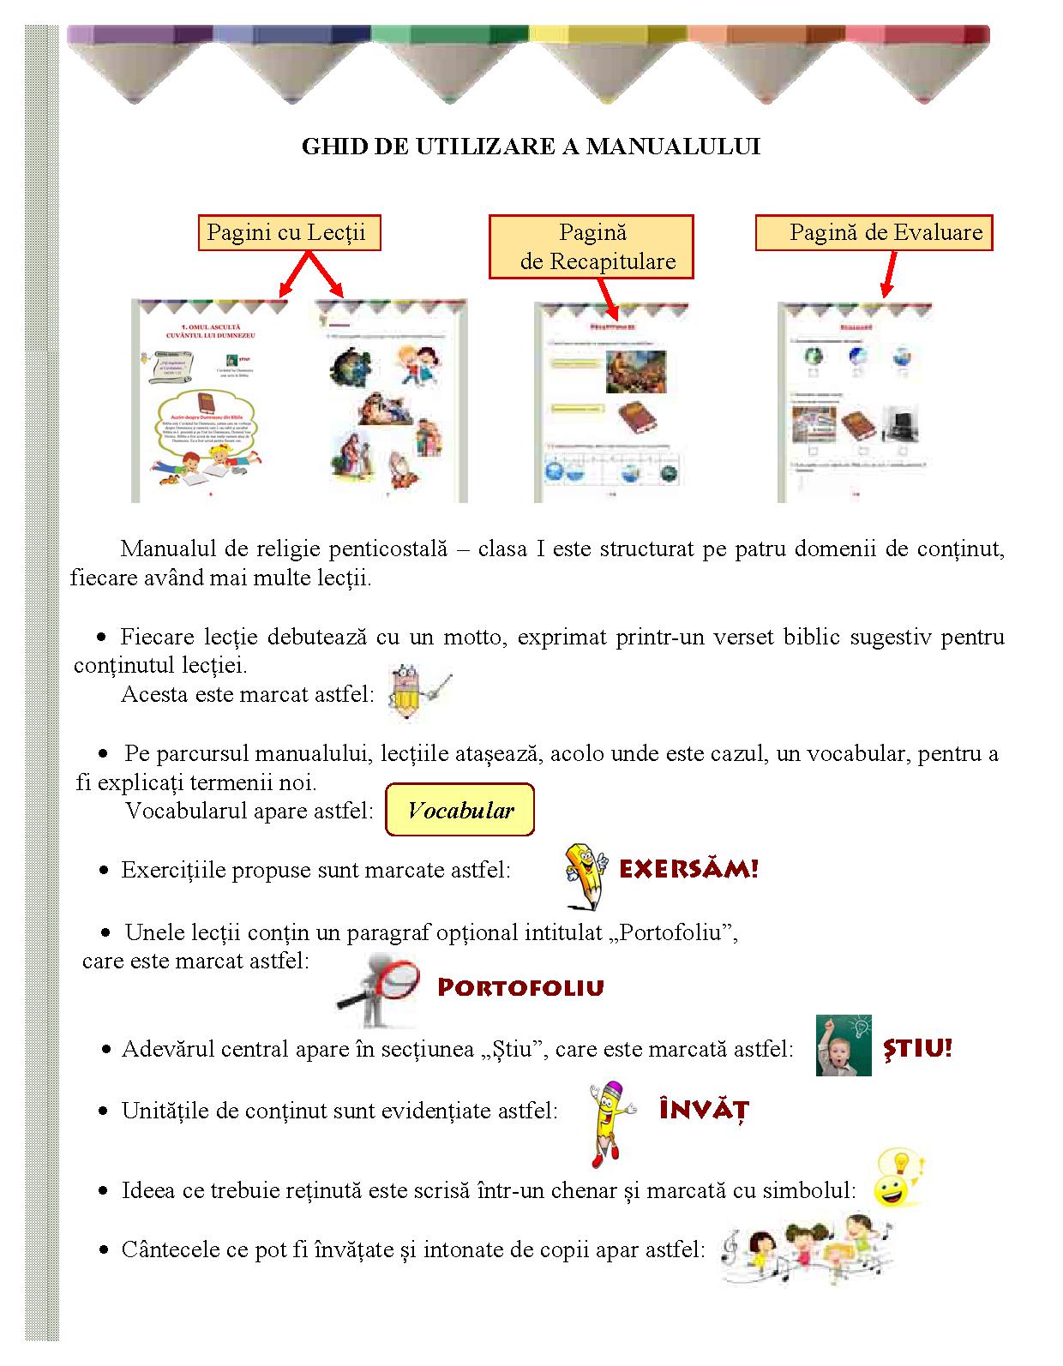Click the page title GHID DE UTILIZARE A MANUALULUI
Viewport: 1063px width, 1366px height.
point(531,147)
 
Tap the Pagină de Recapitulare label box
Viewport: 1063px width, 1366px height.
point(591,247)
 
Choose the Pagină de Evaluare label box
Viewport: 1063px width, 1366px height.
point(874,232)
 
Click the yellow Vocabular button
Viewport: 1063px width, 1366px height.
point(460,810)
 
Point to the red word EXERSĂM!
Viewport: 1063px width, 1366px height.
point(688,870)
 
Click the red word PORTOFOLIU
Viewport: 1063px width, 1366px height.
point(520,987)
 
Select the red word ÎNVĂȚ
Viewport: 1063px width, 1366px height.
point(704,1111)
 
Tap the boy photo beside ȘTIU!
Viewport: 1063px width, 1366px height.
point(843,1045)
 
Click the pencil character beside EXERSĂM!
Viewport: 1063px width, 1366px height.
point(586,874)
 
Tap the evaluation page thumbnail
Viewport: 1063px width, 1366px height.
point(854,402)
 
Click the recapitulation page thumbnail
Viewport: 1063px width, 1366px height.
point(610,402)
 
